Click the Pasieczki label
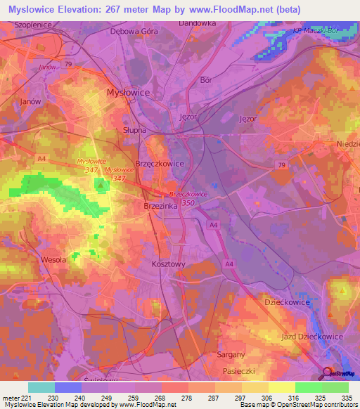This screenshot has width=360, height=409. pos(234,370)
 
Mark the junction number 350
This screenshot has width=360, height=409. pos(187,204)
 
